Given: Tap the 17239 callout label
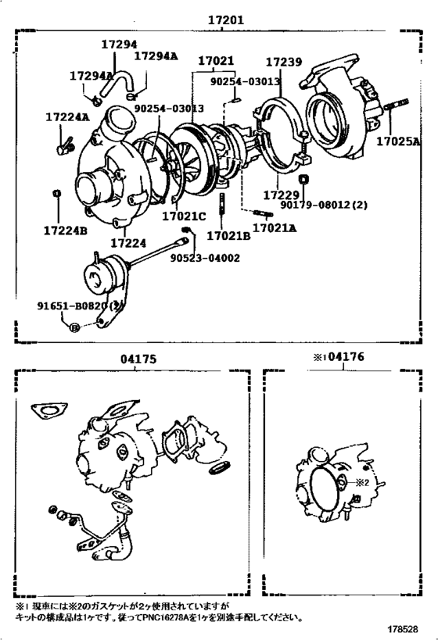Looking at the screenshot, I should pyautogui.click(x=283, y=62).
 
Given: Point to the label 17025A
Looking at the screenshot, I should pyautogui.click(x=398, y=142).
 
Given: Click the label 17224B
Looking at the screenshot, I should pyautogui.click(x=65, y=231).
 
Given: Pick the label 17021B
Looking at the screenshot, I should pyautogui.click(x=228, y=235).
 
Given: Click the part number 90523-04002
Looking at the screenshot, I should pyautogui.click(x=204, y=257).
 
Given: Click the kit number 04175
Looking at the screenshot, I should pyautogui.click(x=139, y=359).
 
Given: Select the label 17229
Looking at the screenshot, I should pyautogui.click(x=278, y=194).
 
